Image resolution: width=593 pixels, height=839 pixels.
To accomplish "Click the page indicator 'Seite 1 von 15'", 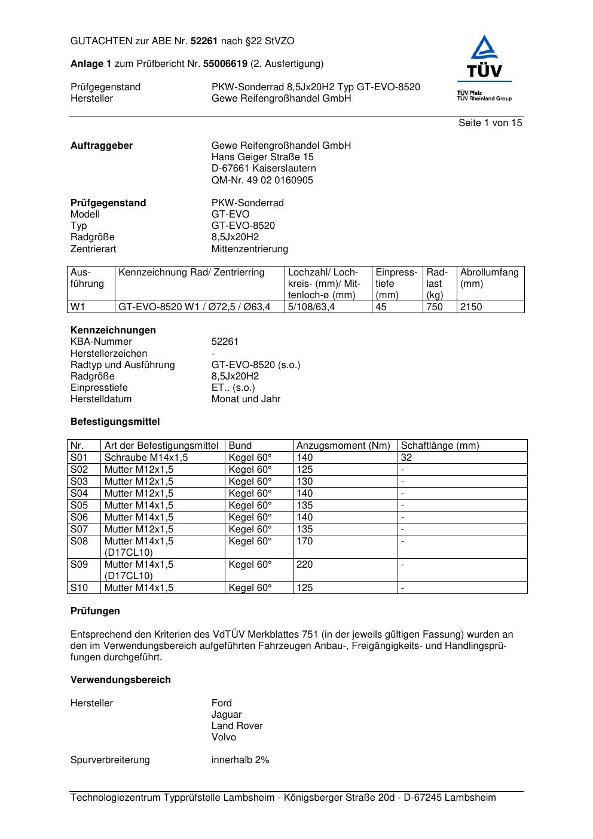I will pos(490,123).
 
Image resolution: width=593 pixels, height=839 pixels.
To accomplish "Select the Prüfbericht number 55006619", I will pos(225,64).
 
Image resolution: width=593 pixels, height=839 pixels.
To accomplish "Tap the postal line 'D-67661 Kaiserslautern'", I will pos(264,169).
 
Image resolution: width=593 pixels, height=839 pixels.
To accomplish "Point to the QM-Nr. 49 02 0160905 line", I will pos(262,180).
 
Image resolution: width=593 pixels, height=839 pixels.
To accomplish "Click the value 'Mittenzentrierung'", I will pos(249,249).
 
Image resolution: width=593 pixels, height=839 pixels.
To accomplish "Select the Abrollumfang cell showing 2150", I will pos(471,307).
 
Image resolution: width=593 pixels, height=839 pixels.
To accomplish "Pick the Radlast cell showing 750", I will pos(435,307).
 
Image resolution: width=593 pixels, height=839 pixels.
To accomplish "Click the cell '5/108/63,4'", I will pos(311,307).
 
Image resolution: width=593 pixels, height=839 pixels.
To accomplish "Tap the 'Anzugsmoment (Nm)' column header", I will pos(343,446).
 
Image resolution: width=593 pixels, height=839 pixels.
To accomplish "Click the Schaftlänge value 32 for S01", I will pos(406,458).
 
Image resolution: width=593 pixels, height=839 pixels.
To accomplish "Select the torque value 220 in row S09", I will pos(305,565).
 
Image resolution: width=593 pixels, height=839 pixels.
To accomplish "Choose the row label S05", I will pos(79,506).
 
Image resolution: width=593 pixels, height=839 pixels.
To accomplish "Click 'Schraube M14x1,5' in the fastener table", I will pos(146,458).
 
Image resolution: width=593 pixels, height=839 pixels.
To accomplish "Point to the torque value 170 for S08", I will pos(305,541).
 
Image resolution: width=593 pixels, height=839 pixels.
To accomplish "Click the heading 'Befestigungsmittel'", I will pos(115,422).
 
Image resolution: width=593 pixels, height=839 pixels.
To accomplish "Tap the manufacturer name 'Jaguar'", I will pos(227,715).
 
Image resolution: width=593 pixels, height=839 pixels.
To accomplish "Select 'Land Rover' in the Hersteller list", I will pos(237,726).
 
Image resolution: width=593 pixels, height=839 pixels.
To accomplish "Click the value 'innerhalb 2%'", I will pos(240,760).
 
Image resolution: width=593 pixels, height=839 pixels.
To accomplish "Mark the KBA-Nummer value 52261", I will pos(225,342).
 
